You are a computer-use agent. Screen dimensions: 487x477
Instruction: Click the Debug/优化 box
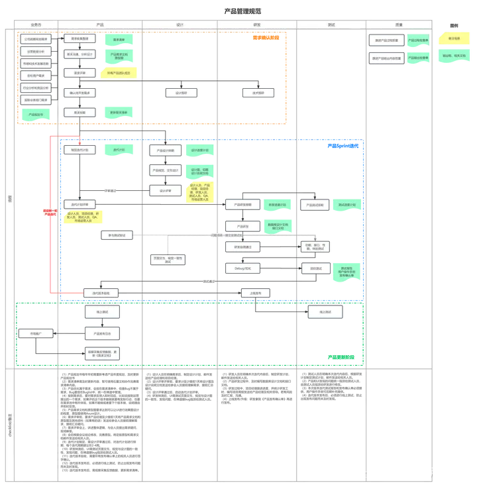(242, 268)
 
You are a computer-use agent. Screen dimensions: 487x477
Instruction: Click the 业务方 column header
(36, 25)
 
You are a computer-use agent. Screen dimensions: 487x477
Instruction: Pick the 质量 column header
(399, 25)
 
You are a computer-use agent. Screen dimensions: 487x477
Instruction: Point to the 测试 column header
(331, 25)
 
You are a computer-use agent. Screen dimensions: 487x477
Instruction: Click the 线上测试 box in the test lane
(325, 311)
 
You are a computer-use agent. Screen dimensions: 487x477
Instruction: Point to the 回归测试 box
(316, 268)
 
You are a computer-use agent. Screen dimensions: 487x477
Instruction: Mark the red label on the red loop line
(50, 213)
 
